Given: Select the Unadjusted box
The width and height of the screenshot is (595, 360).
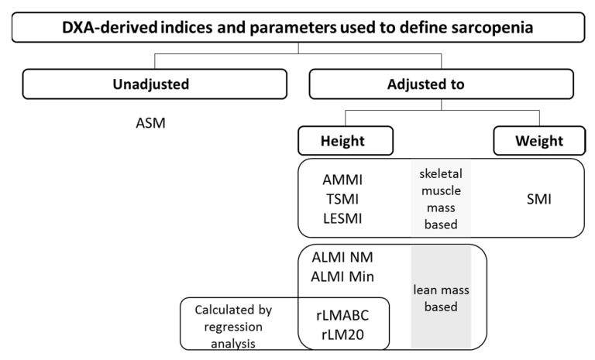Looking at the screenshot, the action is pos(155,84).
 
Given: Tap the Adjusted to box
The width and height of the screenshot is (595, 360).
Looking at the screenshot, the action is pos(442,84).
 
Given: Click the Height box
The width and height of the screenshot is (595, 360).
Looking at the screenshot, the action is pos(346,141).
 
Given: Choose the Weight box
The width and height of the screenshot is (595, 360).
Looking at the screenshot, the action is pos(539,141).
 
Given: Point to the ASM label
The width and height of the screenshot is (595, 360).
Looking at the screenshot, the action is pos(150,123).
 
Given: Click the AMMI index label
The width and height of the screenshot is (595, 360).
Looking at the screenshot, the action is pos(342,180).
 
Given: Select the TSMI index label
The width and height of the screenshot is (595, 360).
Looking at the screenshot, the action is pos(342,199).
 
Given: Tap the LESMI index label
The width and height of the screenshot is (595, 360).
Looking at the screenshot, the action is pos(342,218).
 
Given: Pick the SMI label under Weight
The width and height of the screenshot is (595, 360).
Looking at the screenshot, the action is pos(539,199).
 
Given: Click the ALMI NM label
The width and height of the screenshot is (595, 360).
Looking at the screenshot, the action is pos(342,257).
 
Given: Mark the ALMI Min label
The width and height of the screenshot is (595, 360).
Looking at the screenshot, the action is pos(342,276).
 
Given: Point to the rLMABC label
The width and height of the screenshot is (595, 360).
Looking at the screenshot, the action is pos(342,315).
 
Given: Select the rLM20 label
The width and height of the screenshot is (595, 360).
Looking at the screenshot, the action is pos(342,334).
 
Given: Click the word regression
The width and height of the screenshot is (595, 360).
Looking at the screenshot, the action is pos(233,327).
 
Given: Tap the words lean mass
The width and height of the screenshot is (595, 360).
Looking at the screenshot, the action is pos(441,290).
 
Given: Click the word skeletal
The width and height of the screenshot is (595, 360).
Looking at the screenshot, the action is pos(441,173).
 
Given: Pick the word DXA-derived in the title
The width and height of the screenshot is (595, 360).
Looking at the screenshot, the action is pos(110,28).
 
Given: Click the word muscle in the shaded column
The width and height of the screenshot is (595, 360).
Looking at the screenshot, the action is pos(441,190).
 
